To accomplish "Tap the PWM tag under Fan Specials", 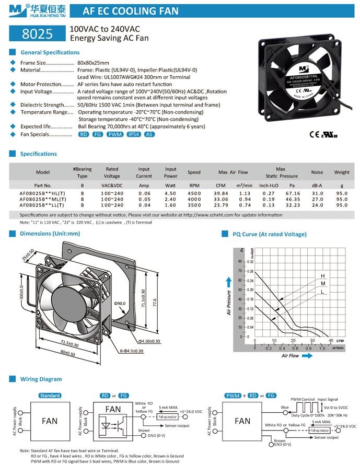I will point(114,135).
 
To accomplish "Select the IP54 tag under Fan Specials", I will point(132,135).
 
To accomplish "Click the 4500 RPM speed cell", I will point(194,193).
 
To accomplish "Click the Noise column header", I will point(317,172).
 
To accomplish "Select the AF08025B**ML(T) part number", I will point(43,199).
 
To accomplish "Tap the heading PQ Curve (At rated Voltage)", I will point(270,234).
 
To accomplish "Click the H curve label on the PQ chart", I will point(322,275).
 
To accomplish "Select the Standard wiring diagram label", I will point(50,396).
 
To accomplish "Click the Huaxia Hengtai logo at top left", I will point(30,10).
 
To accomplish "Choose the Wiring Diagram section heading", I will point(41,379).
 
